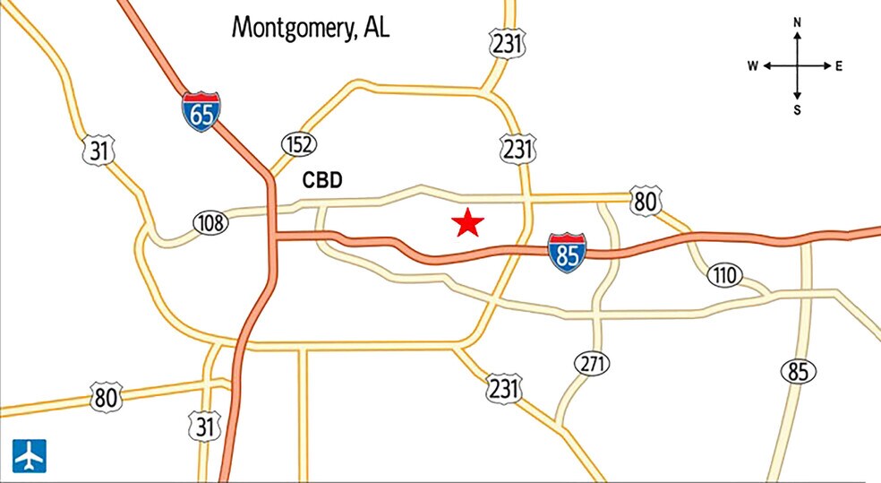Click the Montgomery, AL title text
(311, 27)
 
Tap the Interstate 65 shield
(201, 111)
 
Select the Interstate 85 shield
(568, 252)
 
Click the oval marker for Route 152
(299, 143)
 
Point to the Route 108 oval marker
(210, 222)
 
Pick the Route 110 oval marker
(724, 276)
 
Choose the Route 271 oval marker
(592, 364)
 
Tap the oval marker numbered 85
(797, 371)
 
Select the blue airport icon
(29, 456)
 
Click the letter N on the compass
(797, 22)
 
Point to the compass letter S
(797, 110)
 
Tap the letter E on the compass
(839, 66)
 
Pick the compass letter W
(753, 66)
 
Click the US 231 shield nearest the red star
(517, 149)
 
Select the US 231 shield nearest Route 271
(503, 389)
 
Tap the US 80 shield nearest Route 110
(644, 201)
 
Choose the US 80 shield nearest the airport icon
(106, 396)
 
